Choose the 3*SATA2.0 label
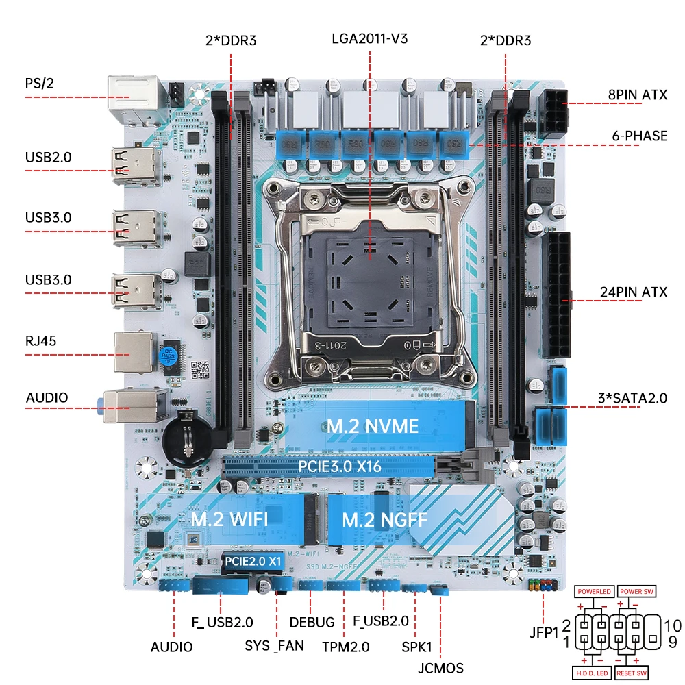631,398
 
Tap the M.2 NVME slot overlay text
372,426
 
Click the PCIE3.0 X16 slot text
340,467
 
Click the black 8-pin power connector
555,113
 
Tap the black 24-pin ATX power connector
558,295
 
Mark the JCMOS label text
440,668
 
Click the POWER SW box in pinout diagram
636,591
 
